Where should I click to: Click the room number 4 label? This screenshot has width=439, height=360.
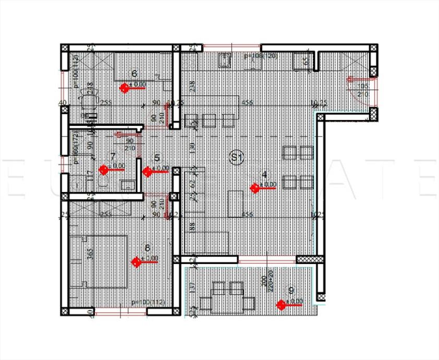pyautogui.click(x=265, y=174)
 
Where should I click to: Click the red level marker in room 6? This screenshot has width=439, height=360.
pyautogui.click(x=125, y=88)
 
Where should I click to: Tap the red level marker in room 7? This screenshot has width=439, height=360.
pyautogui.click(x=104, y=170)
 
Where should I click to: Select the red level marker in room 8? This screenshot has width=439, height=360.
pyautogui.click(x=137, y=262)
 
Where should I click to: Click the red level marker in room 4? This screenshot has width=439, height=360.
pyautogui.click(x=255, y=188)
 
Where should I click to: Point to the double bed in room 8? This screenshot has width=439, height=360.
pyautogui.click(x=102, y=261)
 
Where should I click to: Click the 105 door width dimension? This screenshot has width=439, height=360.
pyautogui.click(x=364, y=87)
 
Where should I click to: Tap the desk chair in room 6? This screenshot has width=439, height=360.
pyautogui.click(x=89, y=100)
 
